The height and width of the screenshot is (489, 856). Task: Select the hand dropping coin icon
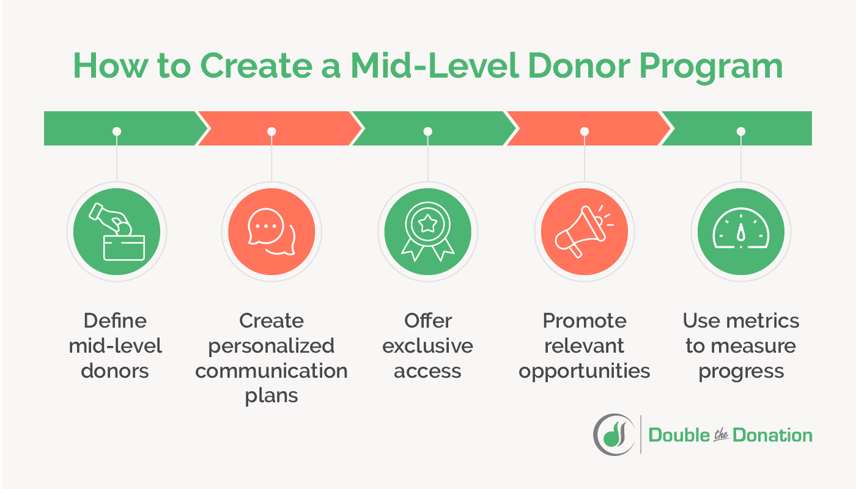click(x=117, y=232)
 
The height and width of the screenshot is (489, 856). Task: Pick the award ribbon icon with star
click(x=427, y=232)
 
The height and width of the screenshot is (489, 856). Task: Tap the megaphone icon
click(x=584, y=232)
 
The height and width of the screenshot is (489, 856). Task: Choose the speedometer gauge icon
click(x=740, y=232)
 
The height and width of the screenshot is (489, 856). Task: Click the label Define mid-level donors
click(x=116, y=345)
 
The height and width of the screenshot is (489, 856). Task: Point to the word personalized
click(x=271, y=345)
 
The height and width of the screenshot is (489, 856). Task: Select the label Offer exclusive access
click(x=427, y=345)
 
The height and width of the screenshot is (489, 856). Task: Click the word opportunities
click(x=584, y=370)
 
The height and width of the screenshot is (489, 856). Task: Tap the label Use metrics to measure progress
click(x=741, y=345)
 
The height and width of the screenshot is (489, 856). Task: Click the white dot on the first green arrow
click(x=117, y=131)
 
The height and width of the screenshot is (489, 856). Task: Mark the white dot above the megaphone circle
click(x=584, y=131)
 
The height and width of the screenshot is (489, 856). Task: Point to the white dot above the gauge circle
click(x=741, y=131)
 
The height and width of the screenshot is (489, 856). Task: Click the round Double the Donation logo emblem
click(x=613, y=434)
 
